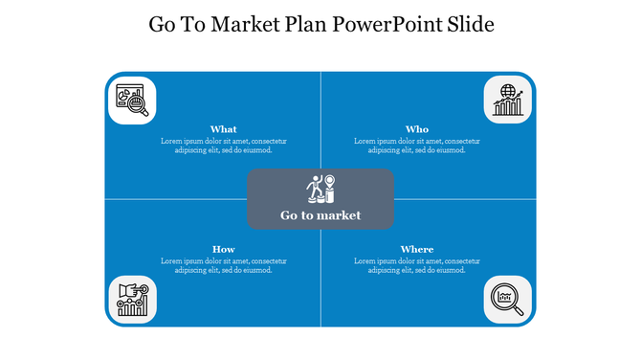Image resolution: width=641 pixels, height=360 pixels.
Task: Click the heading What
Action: click(x=223, y=129)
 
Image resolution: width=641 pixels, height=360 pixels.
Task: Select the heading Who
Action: click(x=417, y=129)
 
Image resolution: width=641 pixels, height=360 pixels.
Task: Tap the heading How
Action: click(x=223, y=250)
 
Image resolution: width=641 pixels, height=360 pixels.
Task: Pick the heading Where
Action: click(x=417, y=250)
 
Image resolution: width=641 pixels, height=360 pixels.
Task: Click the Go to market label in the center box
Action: click(x=320, y=215)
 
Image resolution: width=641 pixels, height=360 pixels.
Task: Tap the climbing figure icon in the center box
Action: click(x=320, y=189)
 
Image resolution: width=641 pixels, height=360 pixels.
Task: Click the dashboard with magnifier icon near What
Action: click(x=132, y=101)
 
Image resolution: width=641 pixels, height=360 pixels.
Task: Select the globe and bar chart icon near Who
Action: click(x=508, y=101)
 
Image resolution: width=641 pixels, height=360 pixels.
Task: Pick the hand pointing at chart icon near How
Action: click(x=132, y=298)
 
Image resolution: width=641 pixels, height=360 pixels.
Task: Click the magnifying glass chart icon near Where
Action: click(x=508, y=298)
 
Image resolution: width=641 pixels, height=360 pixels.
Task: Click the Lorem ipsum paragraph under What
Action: click(x=223, y=146)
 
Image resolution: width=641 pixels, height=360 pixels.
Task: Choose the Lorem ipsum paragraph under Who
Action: click(x=417, y=146)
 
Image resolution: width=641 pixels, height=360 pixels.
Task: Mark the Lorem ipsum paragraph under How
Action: click(x=223, y=265)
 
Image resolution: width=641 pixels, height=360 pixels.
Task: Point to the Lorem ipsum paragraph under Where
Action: click(x=417, y=265)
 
